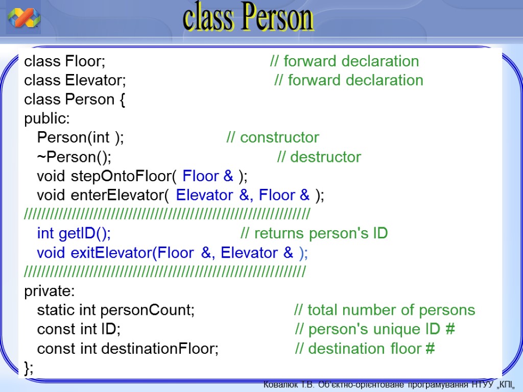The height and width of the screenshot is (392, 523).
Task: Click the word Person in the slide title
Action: (278, 17)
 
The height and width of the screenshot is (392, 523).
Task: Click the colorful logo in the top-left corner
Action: (23, 17)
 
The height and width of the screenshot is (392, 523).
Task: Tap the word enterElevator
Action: (120, 195)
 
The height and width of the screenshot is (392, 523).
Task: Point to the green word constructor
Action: (279, 137)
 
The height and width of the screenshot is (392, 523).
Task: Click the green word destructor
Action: (325, 157)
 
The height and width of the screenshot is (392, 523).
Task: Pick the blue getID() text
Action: (85, 233)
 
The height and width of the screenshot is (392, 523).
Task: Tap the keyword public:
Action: (47, 118)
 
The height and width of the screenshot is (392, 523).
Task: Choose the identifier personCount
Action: (147, 310)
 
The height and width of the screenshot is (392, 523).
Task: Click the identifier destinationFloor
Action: (159, 349)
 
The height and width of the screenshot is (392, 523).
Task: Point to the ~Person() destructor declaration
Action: (74, 157)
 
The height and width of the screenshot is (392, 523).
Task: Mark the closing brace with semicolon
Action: (29, 368)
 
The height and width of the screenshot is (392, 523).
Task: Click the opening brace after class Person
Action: (122, 100)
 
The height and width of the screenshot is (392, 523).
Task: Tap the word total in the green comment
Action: (322, 310)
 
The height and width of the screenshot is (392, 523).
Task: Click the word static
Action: (56, 310)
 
